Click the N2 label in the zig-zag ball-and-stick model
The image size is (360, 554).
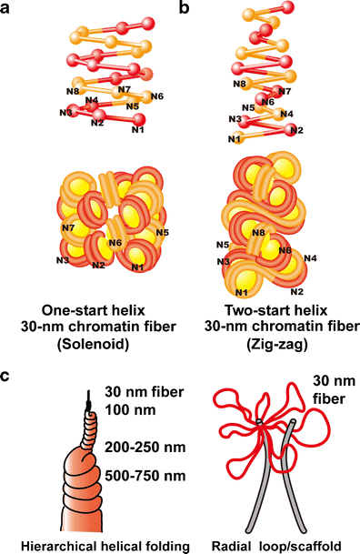click(x=296, y=131)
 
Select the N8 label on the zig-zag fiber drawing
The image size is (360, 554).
click(x=259, y=232)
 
